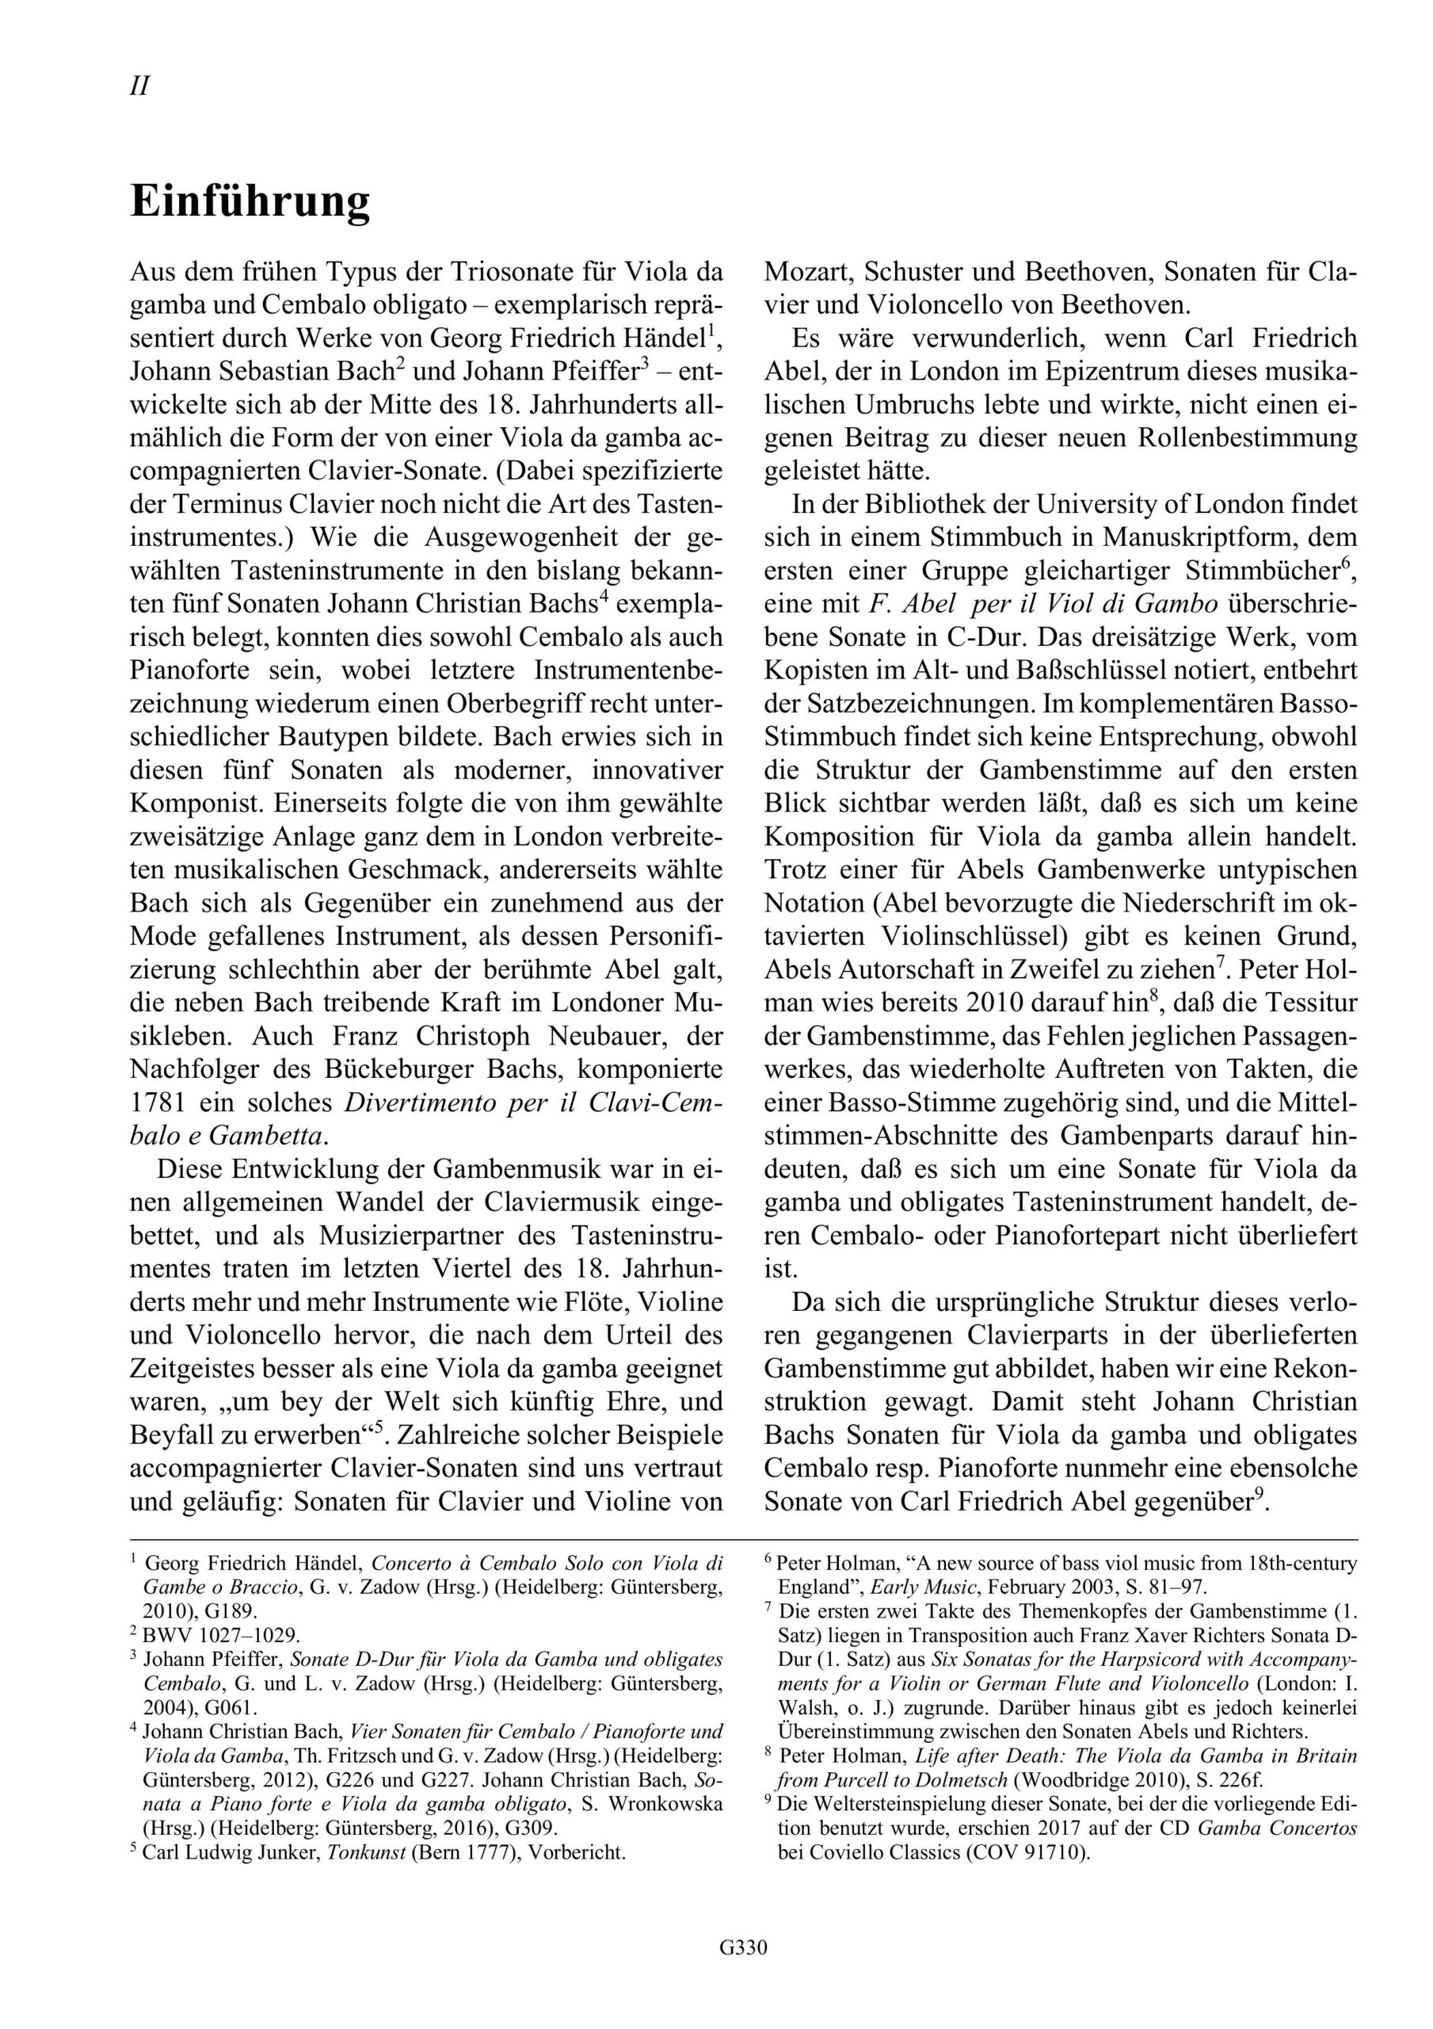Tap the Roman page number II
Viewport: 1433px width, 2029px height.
[x=139, y=86]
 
